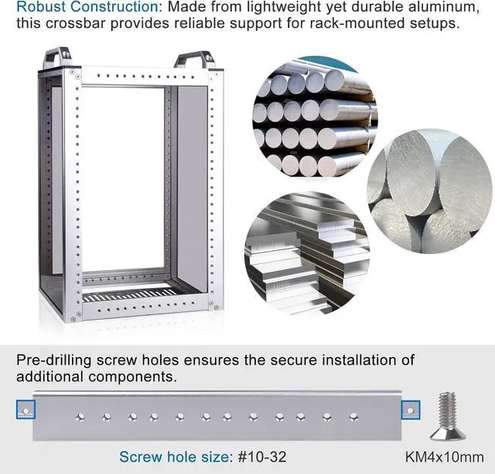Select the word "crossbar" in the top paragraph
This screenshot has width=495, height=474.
coord(75,23)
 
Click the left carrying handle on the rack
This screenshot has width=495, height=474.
coord(57,57)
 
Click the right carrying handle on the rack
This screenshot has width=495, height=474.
coord(195,60)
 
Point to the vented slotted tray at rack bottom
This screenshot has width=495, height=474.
coord(130,296)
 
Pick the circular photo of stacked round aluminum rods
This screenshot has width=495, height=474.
coord(316,117)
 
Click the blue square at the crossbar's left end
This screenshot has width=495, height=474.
coord(26,410)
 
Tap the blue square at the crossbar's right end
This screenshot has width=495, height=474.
coord(411,410)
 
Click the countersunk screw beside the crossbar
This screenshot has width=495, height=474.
coord(448,417)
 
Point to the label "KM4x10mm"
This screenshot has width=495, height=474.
coord(445,457)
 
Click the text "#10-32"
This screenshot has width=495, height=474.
coord(262,457)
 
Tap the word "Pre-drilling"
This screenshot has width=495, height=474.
coord(54,360)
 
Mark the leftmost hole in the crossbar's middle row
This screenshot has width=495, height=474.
coord(80,417)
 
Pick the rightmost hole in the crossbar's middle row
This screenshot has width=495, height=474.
coord(353,417)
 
